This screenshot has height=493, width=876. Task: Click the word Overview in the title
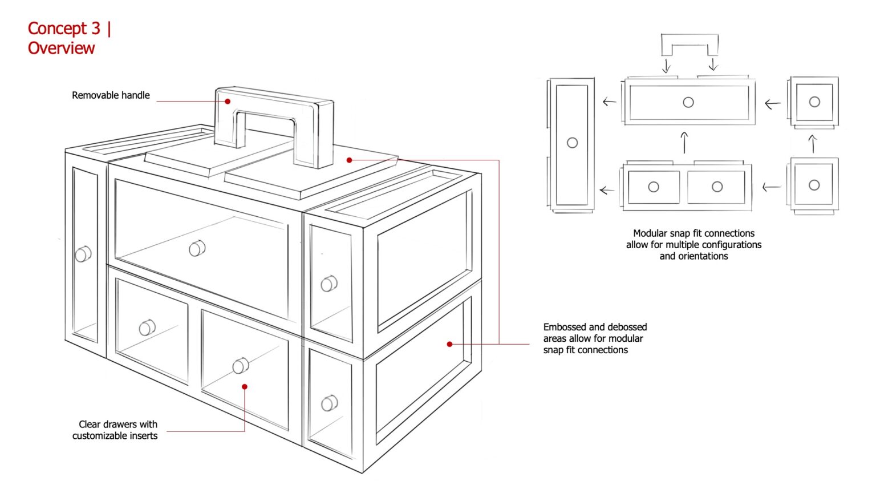(61, 48)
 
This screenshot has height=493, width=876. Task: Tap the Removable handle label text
(111, 95)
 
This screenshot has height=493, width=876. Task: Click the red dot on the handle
(228, 102)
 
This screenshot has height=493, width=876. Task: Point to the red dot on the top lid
(349, 160)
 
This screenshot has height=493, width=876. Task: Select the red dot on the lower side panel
(449, 344)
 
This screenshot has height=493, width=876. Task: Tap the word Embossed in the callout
(565, 327)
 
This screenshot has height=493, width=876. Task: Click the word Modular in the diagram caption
(650, 233)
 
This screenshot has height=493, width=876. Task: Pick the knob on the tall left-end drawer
(83, 253)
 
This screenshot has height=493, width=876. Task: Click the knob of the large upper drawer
(197, 248)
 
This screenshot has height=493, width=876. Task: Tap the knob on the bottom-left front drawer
(147, 328)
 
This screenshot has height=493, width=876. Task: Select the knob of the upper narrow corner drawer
(329, 284)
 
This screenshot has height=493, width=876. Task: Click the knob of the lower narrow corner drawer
(329, 403)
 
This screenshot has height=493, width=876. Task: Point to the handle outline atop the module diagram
(689, 43)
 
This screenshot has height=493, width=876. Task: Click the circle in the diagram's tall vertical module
(572, 143)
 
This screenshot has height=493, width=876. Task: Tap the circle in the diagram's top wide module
(688, 102)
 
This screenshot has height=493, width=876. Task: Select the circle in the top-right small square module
(814, 102)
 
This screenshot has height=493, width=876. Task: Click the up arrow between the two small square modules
(813, 144)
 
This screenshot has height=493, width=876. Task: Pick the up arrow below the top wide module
(684, 143)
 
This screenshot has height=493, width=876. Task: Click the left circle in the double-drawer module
(654, 187)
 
